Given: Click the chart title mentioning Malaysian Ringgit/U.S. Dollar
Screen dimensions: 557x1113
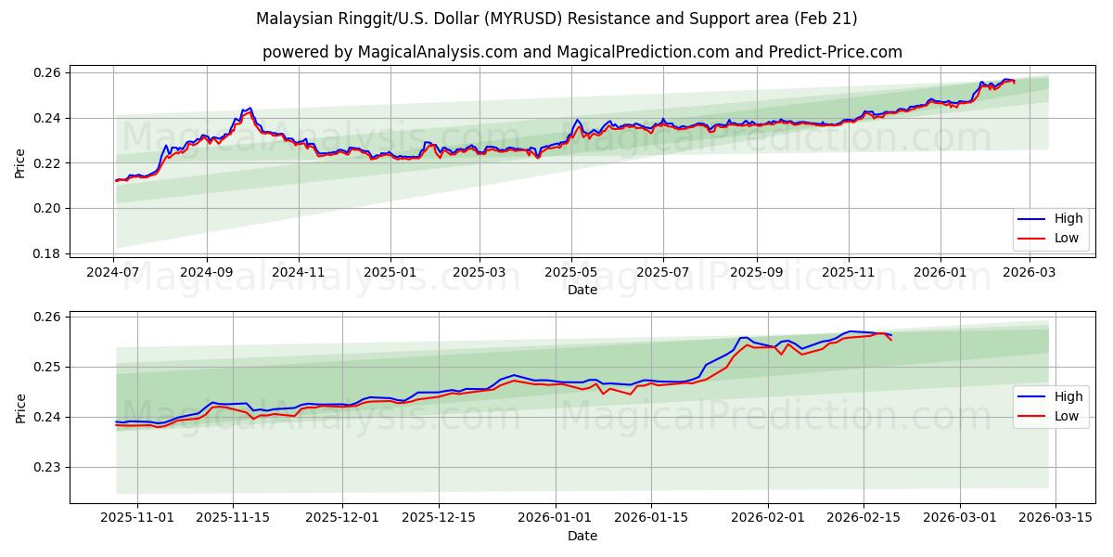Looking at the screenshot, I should pos(556,19).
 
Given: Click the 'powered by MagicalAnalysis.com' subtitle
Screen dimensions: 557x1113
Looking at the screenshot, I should pos(582,52).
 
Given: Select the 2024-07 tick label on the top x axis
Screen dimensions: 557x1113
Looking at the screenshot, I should pos(114,274).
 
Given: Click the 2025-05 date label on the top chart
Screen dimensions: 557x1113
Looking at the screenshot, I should pos(571,274).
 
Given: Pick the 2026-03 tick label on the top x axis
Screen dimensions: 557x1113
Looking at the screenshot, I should pos(1030,274).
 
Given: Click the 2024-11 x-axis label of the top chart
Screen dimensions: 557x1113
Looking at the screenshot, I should pos(298,274).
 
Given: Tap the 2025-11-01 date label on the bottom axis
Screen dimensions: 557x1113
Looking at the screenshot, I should pos(137,518).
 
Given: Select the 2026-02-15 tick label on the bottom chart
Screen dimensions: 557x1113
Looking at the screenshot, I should pos(864,518).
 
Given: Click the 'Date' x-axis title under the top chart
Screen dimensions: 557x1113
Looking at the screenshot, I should pos(582,290).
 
